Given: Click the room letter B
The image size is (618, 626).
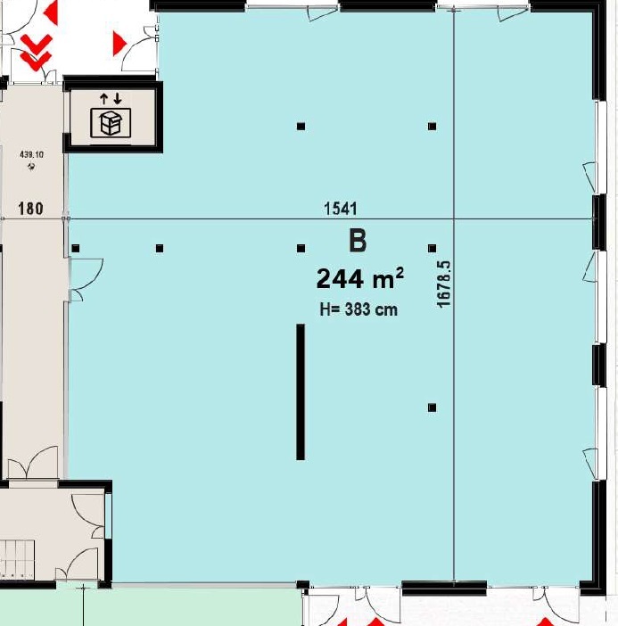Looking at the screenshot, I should coord(357,241).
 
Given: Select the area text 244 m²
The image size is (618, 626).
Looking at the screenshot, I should coord(359,279).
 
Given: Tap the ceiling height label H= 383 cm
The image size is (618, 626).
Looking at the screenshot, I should coord(358,310).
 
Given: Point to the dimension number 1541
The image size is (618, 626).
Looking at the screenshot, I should coord(341,209).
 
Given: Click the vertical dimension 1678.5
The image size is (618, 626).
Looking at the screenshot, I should coord(443,284).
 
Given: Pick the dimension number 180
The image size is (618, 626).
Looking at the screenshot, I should coord(31,210).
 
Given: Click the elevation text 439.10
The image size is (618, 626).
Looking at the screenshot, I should coord(32,154).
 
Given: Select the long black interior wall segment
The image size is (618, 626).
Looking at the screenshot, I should coord(301,392).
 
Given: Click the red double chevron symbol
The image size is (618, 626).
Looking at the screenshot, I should coord(37,50).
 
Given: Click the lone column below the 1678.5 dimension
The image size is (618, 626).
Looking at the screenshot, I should coord(432,408).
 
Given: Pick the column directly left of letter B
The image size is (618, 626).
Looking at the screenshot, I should coord(301,248).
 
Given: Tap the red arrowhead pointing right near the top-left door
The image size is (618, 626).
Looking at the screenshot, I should coord(119,42).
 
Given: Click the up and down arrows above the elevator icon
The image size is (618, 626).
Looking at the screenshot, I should coord(111,97).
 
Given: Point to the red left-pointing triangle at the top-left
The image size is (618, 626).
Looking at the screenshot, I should coord(50,12).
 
